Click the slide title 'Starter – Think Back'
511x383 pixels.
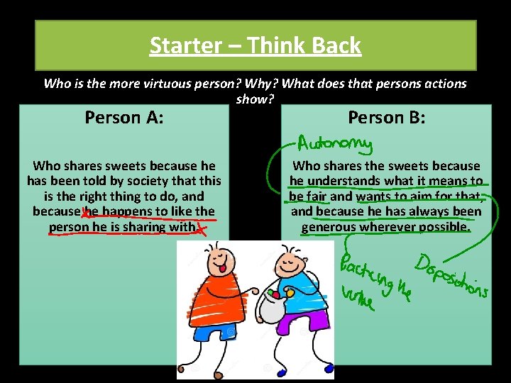pyautogui.click(x=255, y=46)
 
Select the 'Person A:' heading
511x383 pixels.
pyautogui.click(x=124, y=117)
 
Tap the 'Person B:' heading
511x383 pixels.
pyautogui.click(x=387, y=117)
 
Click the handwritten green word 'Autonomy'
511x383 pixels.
pyautogui.click(x=335, y=144)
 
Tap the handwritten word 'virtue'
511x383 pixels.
pyautogui.click(x=357, y=298)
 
